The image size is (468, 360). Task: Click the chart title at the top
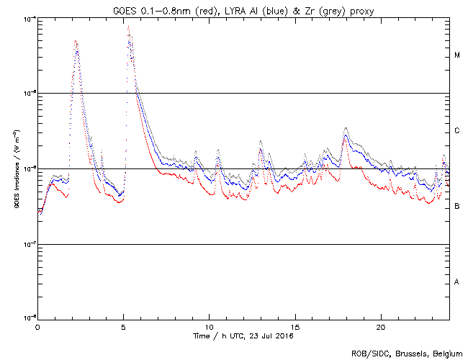click(245, 8)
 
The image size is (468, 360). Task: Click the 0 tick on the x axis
click(37, 327)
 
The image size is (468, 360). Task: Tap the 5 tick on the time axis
click(123, 327)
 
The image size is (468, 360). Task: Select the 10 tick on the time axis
click(209, 327)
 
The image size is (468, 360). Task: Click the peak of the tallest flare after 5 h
click(128, 27)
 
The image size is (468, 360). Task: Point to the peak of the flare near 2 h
click(76, 42)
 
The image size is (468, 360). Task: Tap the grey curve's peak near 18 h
click(346, 128)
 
